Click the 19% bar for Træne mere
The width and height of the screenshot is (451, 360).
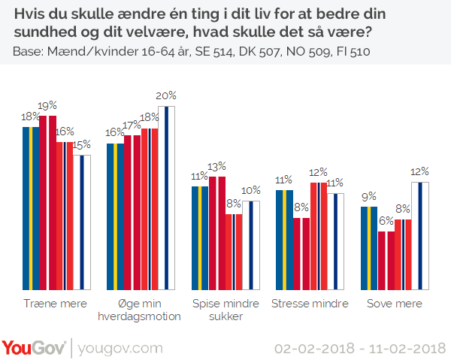(x=48, y=203)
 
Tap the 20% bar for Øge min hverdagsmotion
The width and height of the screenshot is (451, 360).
(x=166, y=198)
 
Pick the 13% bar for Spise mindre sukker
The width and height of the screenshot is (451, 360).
(x=217, y=233)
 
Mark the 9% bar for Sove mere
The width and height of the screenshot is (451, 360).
(x=369, y=248)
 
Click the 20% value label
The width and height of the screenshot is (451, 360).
(x=166, y=95)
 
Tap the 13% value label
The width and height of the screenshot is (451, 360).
(x=217, y=166)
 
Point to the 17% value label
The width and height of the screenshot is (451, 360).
(x=132, y=125)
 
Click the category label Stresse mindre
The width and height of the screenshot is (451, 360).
(x=310, y=304)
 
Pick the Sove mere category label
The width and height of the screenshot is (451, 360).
(x=395, y=304)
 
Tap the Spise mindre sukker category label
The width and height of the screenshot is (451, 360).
(x=224, y=310)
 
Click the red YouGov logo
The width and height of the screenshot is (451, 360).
(x=34, y=348)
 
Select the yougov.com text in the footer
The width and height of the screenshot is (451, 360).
(x=120, y=349)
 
